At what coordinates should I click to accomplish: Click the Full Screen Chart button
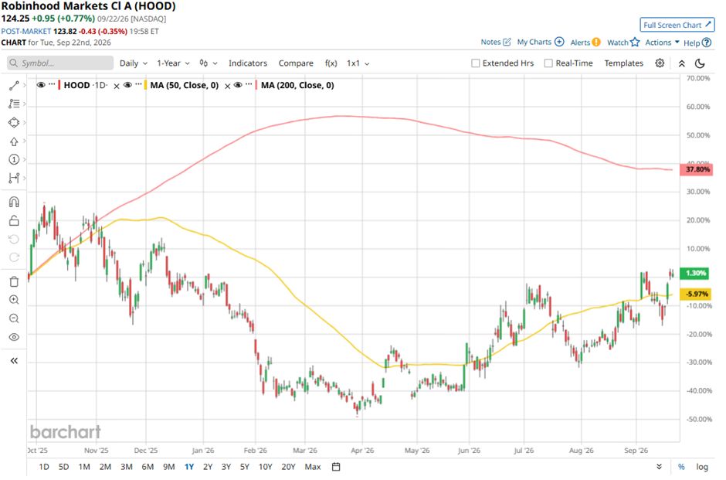(x=677, y=25)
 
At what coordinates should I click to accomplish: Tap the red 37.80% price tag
(x=697, y=169)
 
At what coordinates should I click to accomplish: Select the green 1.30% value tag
(x=696, y=273)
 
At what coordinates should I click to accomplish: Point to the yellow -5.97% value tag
(x=696, y=294)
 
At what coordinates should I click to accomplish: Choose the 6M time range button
(x=148, y=467)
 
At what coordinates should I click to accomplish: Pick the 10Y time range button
(x=266, y=467)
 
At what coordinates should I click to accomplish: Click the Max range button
(x=313, y=467)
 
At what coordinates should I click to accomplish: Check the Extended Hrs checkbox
(x=476, y=63)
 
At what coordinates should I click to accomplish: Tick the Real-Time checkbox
(x=548, y=63)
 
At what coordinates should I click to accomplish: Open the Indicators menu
(x=248, y=63)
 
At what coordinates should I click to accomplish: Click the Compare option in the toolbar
(x=296, y=63)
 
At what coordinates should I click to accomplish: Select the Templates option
(x=624, y=63)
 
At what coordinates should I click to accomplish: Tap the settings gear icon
(x=660, y=63)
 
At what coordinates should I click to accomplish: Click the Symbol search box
(x=60, y=63)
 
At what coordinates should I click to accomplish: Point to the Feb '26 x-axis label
(x=256, y=451)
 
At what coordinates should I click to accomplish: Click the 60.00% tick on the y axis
(x=697, y=107)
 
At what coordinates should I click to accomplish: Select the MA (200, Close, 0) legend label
(x=297, y=85)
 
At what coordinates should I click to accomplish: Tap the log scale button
(x=702, y=467)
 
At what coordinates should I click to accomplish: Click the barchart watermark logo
(x=66, y=432)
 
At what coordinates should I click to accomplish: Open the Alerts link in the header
(x=585, y=43)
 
